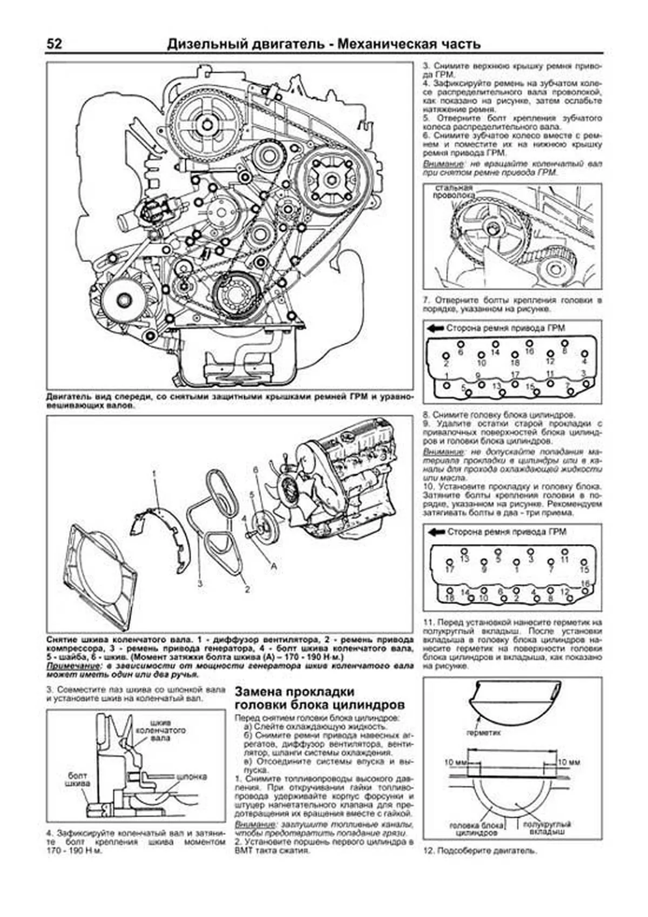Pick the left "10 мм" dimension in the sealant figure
tap(456, 762)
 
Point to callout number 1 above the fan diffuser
tap(154, 474)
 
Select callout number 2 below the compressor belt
tap(247, 589)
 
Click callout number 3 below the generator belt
tap(200, 584)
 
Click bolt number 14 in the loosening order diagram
tap(495, 352)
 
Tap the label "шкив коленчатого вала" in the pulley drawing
tap(161, 730)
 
